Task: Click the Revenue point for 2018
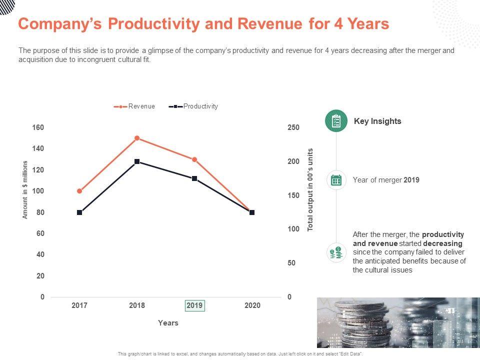pos(137,138)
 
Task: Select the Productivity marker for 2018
pos(137,161)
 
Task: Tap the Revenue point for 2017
pos(79,191)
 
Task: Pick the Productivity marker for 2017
pos(79,212)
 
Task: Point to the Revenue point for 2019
pos(194,159)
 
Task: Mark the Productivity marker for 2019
pos(194,178)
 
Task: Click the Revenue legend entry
pos(135,106)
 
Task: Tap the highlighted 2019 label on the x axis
pos(194,305)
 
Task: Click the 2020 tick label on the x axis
pos(252,305)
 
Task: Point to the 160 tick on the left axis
pos(38,127)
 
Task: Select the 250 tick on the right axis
pos(293,127)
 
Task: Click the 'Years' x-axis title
pos(168,323)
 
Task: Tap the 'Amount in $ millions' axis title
pos(25,189)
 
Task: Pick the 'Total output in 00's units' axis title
pos(310,189)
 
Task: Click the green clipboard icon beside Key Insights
pos(336,121)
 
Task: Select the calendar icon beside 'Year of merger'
pos(336,180)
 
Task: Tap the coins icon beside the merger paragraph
pos(336,253)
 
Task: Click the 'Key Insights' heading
pos(377,121)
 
